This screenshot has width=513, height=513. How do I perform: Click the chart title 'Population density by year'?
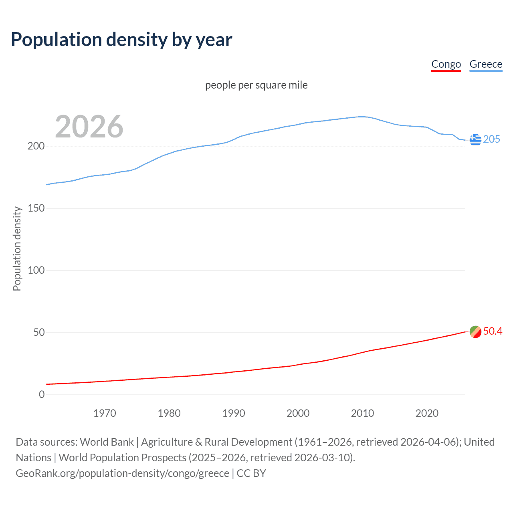click(121, 40)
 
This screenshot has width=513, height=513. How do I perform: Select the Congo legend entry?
click(446, 64)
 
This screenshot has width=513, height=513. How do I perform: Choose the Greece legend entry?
click(486, 64)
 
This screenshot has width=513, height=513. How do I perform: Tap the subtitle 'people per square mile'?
click(256, 85)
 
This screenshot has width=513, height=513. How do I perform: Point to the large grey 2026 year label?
click(89, 127)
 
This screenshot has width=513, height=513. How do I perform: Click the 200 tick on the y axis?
click(36, 146)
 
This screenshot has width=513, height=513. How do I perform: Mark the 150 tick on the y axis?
click(36, 208)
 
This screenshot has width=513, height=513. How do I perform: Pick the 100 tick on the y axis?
click(36, 270)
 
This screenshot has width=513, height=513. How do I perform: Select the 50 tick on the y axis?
click(38, 332)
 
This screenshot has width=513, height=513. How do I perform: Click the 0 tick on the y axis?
click(42, 394)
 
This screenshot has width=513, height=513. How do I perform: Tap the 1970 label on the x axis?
click(105, 413)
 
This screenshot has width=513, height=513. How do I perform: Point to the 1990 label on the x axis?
click(234, 413)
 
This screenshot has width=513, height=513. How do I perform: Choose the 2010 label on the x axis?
click(362, 413)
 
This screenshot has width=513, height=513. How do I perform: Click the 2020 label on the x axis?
click(427, 413)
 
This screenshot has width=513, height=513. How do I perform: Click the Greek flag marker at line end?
click(475, 139)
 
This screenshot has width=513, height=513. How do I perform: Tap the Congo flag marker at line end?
click(475, 332)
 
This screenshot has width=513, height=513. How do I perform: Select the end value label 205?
click(491, 139)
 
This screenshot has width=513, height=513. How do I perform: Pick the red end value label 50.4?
click(493, 331)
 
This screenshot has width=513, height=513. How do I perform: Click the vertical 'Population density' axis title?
click(17, 248)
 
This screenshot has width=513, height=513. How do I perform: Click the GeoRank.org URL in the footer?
click(122, 473)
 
